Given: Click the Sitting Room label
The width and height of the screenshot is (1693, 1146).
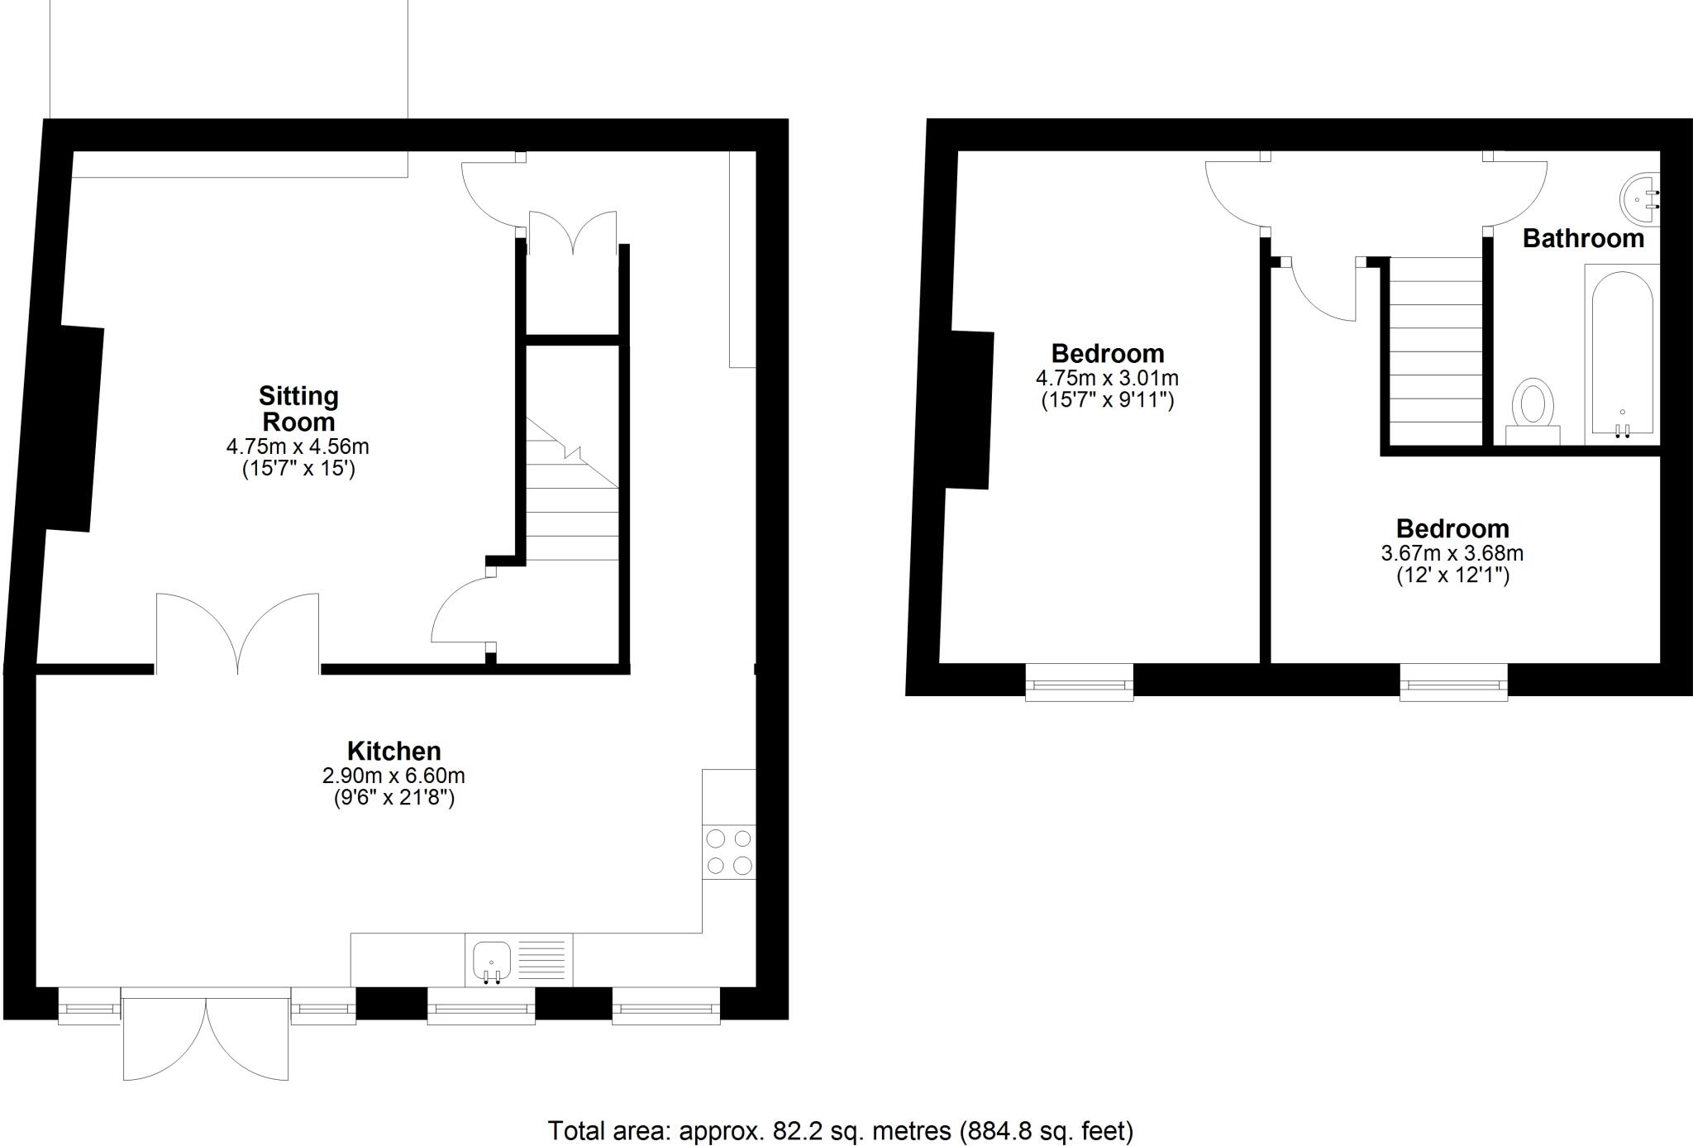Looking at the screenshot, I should click(298, 408).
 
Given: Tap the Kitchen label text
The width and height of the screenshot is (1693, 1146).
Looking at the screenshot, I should click(393, 751).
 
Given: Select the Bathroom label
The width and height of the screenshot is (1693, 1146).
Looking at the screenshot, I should click(1583, 238).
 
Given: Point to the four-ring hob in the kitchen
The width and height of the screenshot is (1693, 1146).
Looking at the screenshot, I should click(729, 852).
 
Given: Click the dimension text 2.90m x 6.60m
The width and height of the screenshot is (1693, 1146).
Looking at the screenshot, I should click(393, 776).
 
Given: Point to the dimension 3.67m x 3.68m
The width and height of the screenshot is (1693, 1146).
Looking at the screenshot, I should click(1452, 552).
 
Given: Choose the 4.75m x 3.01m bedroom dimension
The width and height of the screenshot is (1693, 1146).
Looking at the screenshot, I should click(1107, 378).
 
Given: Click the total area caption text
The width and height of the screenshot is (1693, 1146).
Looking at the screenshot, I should click(840, 1130).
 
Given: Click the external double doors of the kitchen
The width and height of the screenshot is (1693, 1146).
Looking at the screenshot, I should click(206, 1038).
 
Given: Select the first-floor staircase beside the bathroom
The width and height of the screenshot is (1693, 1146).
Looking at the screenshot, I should click(1435, 351).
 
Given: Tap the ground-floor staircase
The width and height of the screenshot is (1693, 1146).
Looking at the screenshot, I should click(573, 496).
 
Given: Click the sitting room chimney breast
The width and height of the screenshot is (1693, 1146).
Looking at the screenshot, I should click(74, 428).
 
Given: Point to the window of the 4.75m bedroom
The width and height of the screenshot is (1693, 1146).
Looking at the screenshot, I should click(1079, 683).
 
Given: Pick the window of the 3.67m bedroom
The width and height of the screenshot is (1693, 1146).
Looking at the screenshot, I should click(1453, 683).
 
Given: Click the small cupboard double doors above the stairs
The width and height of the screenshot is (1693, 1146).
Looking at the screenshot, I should click(572, 233).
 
